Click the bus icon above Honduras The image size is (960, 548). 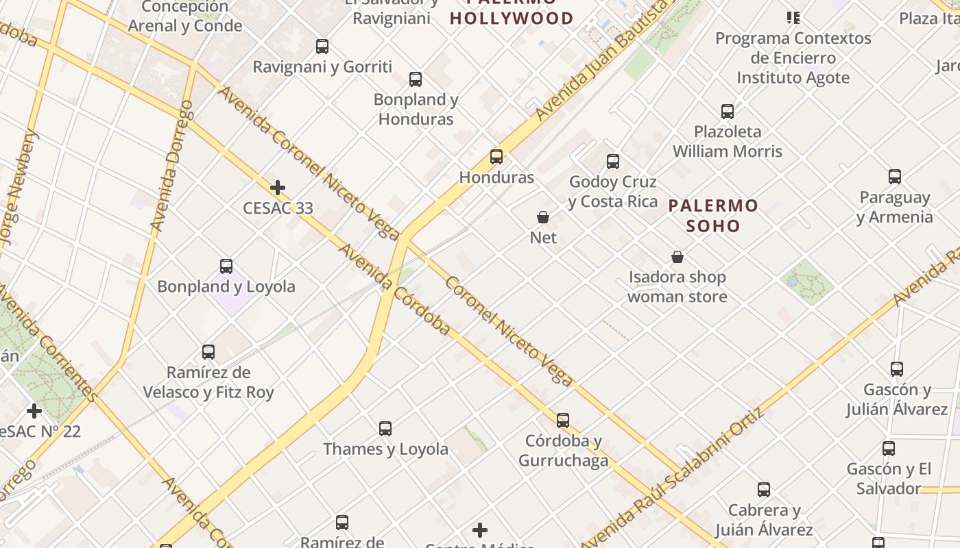(x=496, y=157)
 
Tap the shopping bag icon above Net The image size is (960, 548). (x=543, y=217)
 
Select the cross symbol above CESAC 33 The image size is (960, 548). (x=278, y=188)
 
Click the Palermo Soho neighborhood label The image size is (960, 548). (x=713, y=215)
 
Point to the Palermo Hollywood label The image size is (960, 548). (x=512, y=18)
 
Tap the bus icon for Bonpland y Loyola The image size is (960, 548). (x=226, y=266)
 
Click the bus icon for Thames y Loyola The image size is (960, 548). (x=385, y=429)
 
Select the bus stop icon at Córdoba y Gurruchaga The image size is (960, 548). (x=563, y=420)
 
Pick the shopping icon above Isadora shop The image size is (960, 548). (x=677, y=257)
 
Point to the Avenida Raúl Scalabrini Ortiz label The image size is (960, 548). (x=672, y=479)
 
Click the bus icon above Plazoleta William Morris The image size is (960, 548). (x=728, y=111)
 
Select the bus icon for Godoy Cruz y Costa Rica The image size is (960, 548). (x=613, y=162)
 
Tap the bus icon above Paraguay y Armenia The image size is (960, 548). (x=895, y=177)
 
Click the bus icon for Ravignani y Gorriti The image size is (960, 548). (x=322, y=47)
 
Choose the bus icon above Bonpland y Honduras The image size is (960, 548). (x=416, y=79)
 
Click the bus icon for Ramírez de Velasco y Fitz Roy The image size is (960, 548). (x=208, y=352)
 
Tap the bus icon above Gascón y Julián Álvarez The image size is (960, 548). (x=897, y=369)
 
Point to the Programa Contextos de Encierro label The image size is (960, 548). (x=793, y=58)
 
